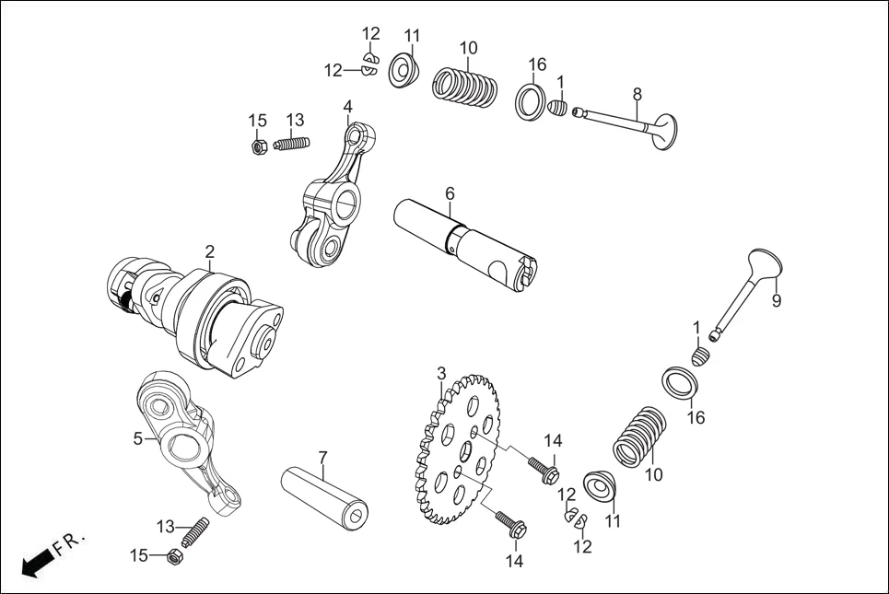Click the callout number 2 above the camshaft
(210, 250)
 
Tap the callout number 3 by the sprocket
(441, 373)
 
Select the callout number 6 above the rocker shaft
(450, 193)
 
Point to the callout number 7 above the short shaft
(323, 458)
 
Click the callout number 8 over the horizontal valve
(637, 94)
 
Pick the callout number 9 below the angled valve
(776, 300)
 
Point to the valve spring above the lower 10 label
(638, 436)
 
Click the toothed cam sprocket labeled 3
(459, 448)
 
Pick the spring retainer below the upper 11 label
(404, 72)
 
